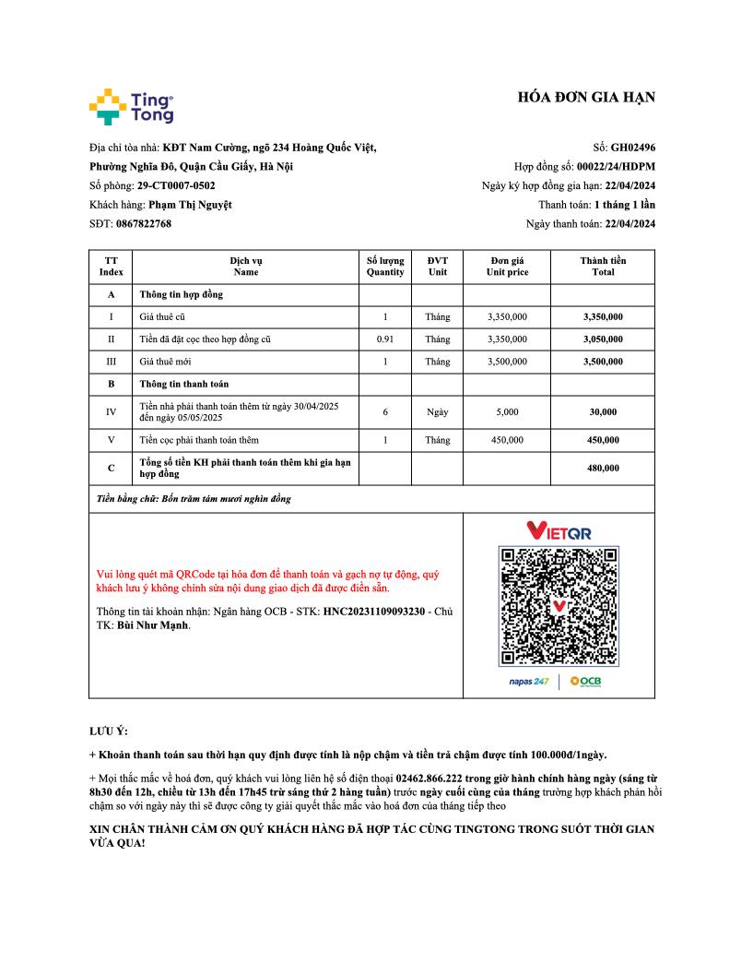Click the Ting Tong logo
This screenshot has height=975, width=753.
point(131,107)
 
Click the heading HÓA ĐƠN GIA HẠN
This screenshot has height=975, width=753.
point(586,99)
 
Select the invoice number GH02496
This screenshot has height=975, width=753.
point(633,147)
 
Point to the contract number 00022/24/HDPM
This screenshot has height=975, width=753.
point(616,166)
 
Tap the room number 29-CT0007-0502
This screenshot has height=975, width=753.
point(176,185)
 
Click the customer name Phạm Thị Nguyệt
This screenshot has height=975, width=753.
point(190,205)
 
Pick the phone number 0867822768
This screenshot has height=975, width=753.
point(144,223)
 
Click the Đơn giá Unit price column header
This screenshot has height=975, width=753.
point(507,266)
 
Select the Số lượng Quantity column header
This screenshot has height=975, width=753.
point(385,266)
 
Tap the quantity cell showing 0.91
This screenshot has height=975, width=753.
point(385,339)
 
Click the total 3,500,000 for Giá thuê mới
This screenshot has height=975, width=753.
point(603,362)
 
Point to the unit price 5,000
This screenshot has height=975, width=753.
point(507,411)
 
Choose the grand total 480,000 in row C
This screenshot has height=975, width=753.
point(603,468)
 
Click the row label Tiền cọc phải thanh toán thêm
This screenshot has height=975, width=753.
point(199,440)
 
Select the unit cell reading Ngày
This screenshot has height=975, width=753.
point(438,411)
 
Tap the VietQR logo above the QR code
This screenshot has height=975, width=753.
point(559,530)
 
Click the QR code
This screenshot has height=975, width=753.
point(559,606)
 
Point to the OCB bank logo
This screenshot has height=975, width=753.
point(586,681)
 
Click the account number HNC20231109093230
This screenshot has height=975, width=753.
point(373,612)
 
